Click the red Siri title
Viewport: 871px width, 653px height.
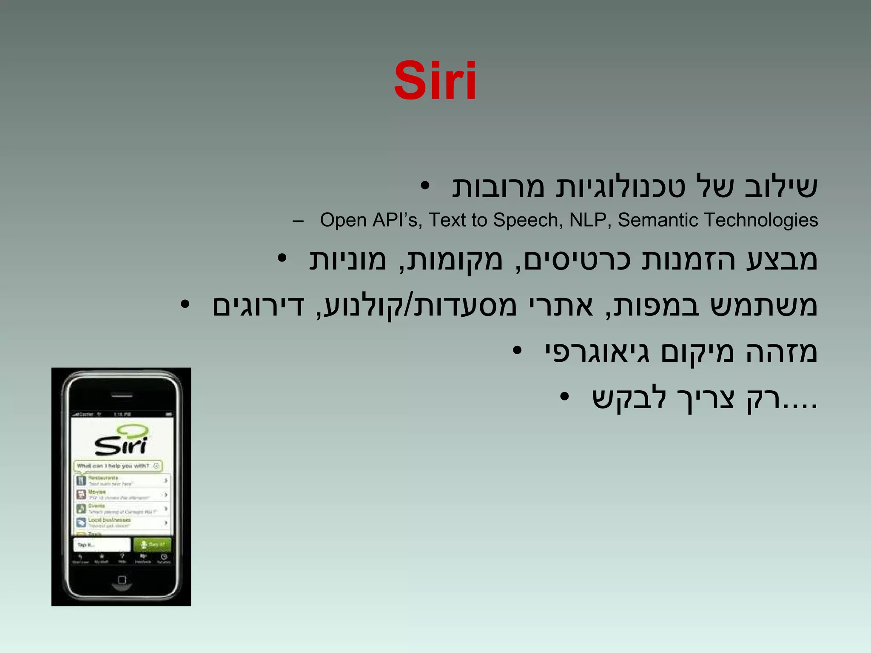pos(435,81)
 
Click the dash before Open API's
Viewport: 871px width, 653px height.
pos(298,221)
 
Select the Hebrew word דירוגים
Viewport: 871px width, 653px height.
pos(258,306)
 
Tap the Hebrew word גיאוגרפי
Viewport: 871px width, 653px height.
pos(597,353)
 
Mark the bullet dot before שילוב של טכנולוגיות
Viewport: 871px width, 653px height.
pos(425,186)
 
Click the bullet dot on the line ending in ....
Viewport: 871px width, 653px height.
pos(564,397)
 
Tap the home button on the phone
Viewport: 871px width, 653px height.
pos(122,580)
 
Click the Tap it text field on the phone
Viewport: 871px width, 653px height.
pos(102,545)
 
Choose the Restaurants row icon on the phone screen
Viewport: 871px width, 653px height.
pos(81,480)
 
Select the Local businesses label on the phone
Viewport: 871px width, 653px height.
pos(109,520)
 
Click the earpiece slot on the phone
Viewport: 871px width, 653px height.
pos(122,395)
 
